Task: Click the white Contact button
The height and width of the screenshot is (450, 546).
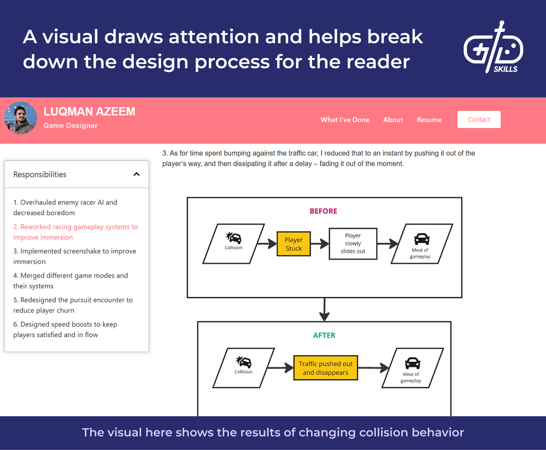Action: (479, 120)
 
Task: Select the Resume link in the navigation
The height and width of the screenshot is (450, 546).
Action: (429, 120)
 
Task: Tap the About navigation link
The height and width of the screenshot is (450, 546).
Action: (393, 120)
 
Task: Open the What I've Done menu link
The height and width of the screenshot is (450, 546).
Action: (345, 120)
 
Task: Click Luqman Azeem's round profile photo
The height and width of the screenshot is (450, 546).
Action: (20, 118)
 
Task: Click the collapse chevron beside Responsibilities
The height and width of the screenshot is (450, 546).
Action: (136, 174)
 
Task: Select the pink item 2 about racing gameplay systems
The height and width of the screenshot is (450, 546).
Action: (75, 232)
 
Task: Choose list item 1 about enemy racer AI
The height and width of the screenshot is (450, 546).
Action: (65, 207)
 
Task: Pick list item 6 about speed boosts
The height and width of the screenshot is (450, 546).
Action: (65, 329)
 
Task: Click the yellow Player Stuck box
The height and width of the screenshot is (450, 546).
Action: (293, 244)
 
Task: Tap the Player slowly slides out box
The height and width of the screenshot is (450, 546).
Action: (353, 243)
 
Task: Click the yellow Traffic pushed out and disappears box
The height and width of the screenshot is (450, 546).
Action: (325, 368)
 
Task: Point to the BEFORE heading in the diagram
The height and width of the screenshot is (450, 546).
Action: (324, 211)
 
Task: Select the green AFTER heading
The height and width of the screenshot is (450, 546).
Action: (324, 335)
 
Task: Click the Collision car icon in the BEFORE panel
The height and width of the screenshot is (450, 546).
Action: (234, 238)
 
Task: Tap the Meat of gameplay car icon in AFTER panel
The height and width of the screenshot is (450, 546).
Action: (412, 363)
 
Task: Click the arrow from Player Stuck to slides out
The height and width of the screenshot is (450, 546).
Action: (319, 244)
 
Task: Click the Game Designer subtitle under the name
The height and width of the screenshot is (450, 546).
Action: (71, 126)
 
